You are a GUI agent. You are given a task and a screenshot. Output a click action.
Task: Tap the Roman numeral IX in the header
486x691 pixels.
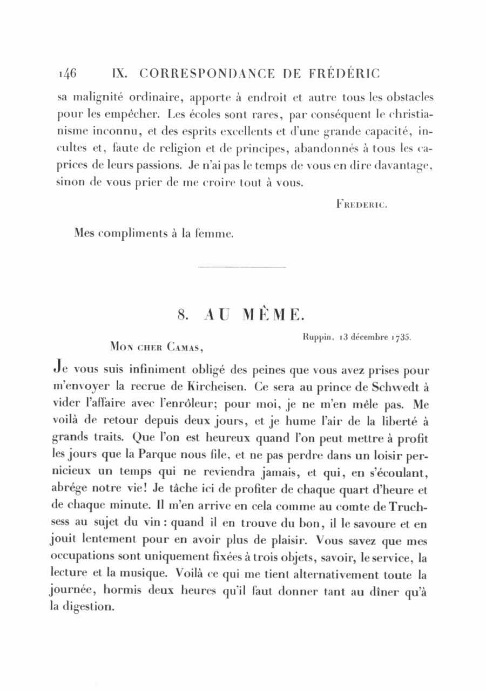[118, 72]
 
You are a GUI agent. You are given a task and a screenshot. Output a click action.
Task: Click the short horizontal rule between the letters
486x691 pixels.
[242, 267]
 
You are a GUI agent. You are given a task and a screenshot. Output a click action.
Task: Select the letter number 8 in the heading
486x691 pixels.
[183, 314]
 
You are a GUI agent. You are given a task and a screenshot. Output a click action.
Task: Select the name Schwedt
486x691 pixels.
[396, 387]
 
